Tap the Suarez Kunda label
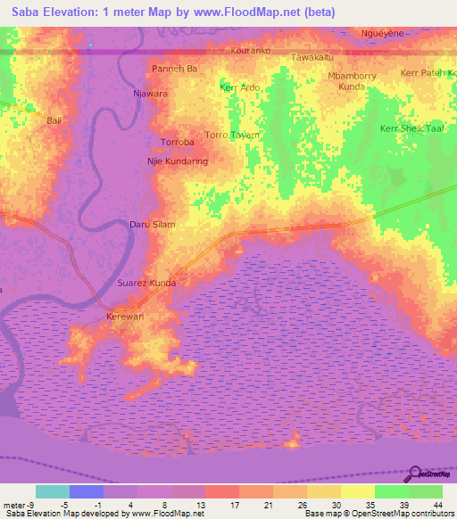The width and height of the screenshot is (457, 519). tap(146, 283)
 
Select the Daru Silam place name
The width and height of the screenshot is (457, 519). tap(153, 225)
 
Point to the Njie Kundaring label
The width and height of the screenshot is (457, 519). tap(177, 161)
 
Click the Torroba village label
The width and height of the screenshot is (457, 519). tap(177, 143)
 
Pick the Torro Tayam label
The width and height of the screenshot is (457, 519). tap(232, 135)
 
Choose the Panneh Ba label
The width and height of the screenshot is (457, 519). tap(174, 68)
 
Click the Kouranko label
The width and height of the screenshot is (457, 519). tap(250, 51)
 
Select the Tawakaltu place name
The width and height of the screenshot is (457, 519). tap(312, 58)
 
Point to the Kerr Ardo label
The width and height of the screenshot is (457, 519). tap(239, 87)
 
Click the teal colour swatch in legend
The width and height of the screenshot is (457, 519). tap(53, 491)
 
